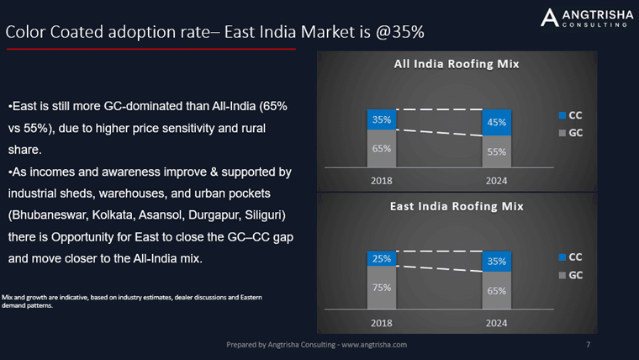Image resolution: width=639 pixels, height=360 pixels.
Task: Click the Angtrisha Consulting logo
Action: pos(584,18)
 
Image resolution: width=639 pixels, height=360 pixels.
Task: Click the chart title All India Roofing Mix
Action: pos(457,64)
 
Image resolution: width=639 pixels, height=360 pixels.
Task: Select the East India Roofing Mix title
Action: pos(457,205)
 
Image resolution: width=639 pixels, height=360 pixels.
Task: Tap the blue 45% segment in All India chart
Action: pos(496,123)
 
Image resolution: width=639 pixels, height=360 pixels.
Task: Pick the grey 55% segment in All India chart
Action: pos(496,152)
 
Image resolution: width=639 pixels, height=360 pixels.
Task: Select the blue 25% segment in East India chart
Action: pos(382,259)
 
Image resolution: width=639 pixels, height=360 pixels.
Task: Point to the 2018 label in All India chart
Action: pos(382,180)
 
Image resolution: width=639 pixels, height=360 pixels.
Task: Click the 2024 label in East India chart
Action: pos(496,322)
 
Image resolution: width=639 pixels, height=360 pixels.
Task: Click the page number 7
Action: pos(588,345)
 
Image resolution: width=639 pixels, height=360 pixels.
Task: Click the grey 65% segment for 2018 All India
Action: pos(382,148)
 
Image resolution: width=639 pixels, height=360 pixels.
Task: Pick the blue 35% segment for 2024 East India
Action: pos(496,262)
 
